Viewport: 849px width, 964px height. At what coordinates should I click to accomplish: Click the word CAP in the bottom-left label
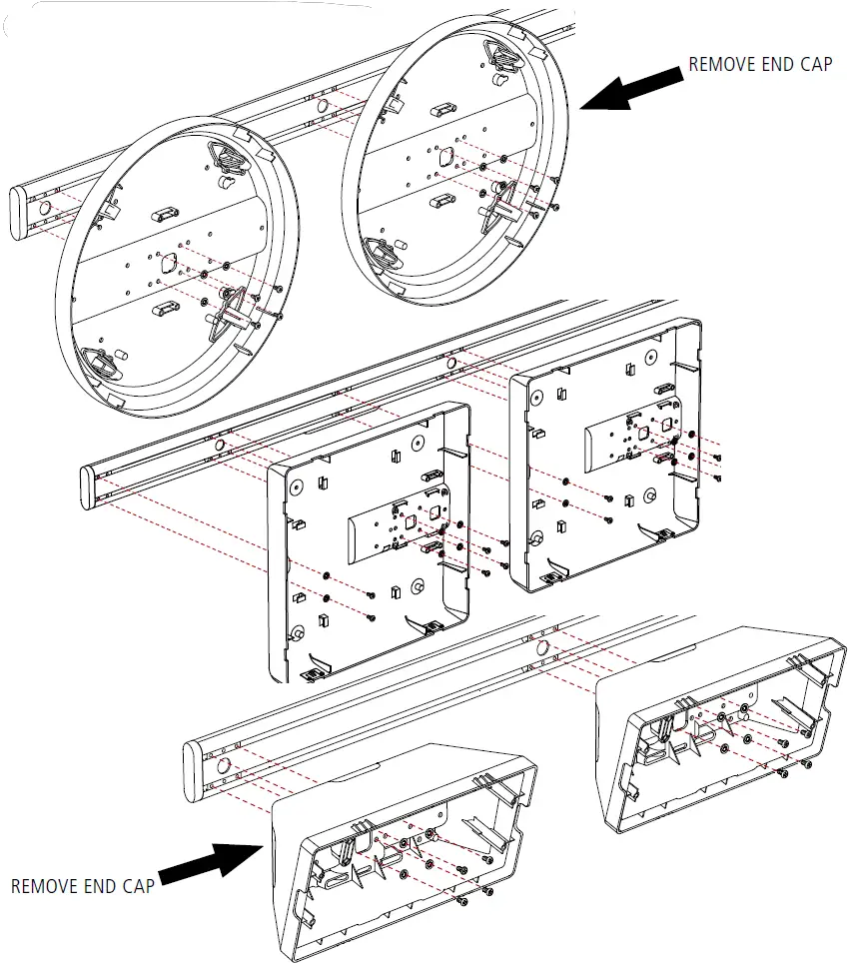tap(135, 885)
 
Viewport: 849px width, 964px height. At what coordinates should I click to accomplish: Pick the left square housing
tap(370, 539)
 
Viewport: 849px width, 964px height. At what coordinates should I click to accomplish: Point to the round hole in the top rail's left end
tap(43, 208)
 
